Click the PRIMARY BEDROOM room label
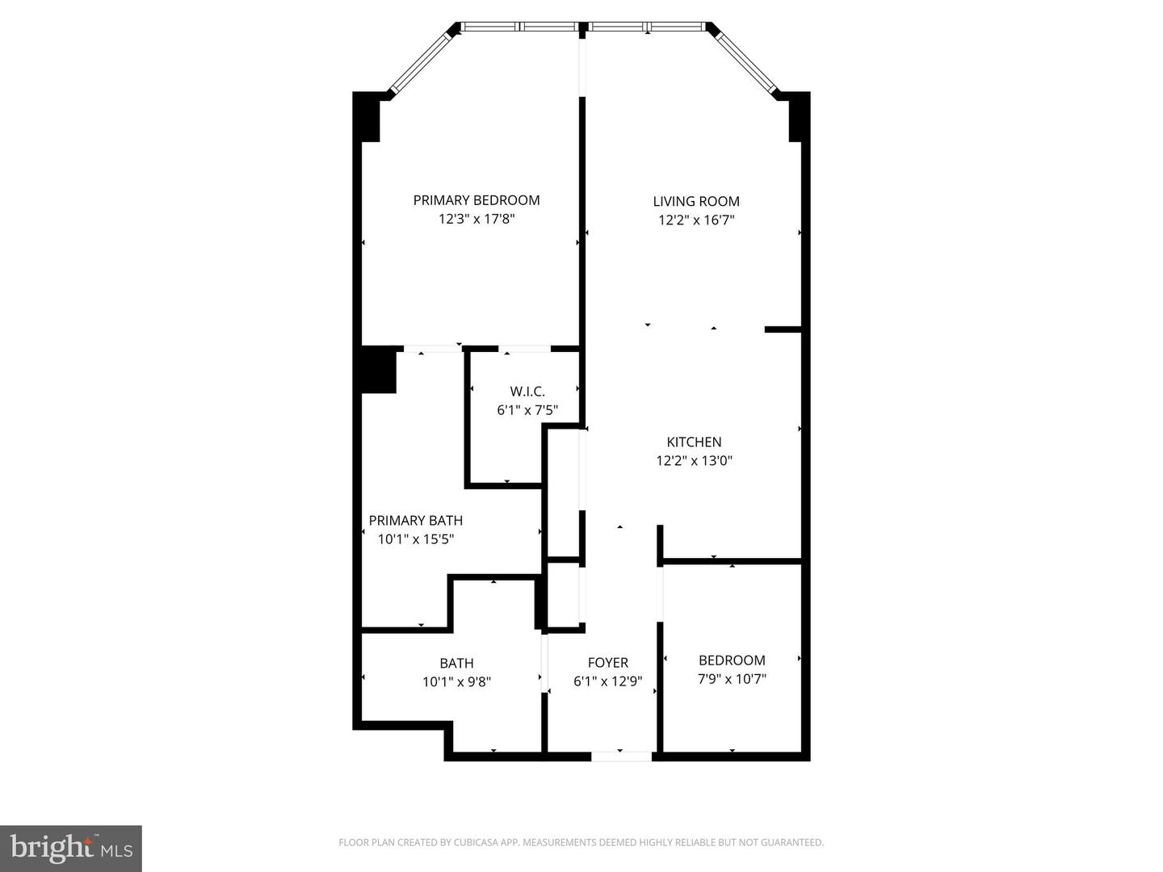[476, 200]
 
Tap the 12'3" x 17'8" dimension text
[476, 219]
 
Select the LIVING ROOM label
[695, 201]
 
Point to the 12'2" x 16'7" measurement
[695, 220]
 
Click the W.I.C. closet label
[527, 392]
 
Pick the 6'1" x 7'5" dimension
[527, 410]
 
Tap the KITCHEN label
[694, 442]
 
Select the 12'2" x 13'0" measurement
[694, 461]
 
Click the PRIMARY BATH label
[415, 521]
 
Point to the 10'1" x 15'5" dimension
[415, 539]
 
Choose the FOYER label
[607, 663]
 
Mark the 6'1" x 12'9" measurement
[607, 681]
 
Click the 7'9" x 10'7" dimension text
[732, 679]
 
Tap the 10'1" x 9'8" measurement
[456, 681]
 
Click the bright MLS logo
[71, 848]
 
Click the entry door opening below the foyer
[621, 757]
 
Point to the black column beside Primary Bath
[378, 370]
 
